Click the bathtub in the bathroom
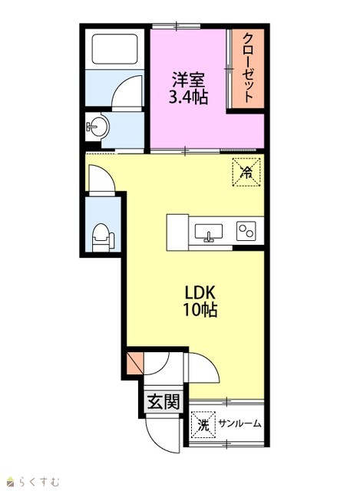(x=114, y=49)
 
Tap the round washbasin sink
(x=97, y=127)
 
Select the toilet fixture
(x=103, y=237)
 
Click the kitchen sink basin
(x=208, y=232)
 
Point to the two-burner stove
(x=246, y=231)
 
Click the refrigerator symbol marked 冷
(x=246, y=172)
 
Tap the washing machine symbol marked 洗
(x=203, y=424)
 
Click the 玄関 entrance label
(x=163, y=402)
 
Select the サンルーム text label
(x=239, y=424)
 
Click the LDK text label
(x=200, y=293)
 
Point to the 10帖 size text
(x=200, y=310)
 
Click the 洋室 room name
(x=189, y=80)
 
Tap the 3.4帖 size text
(x=189, y=97)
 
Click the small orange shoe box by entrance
(x=135, y=363)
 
